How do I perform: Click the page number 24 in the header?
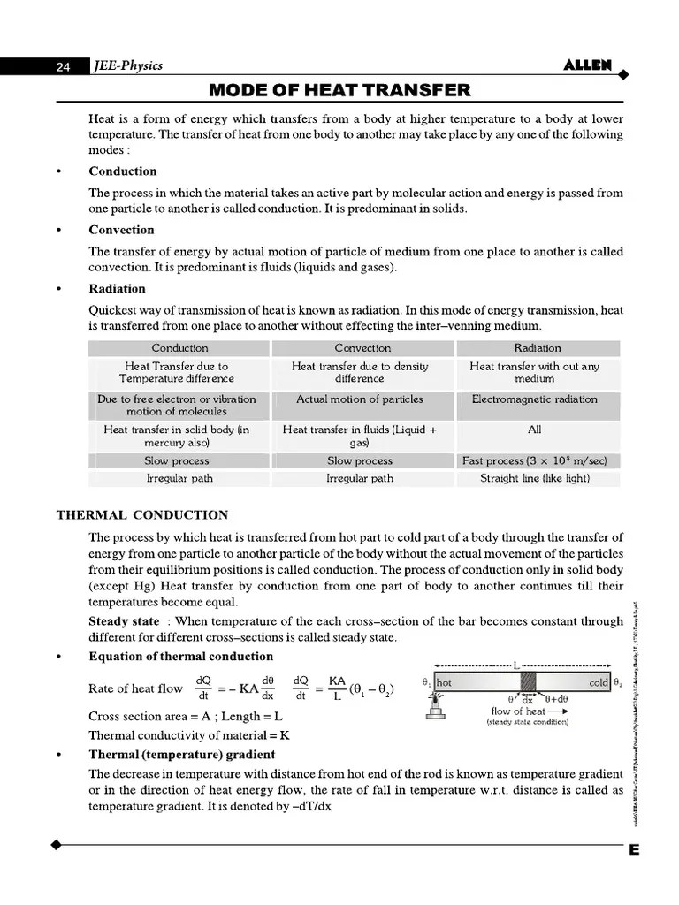[x=63, y=67]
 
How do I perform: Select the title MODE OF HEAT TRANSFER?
[x=339, y=91]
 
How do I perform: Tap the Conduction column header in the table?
[x=179, y=348]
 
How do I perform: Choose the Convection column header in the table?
[x=362, y=348]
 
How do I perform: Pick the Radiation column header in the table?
[x=538, y=348]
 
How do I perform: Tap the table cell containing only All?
[x=534, y=430]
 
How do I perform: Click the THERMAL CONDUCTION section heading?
[x=142, y=515]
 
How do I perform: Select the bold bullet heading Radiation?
[x=117, y=288]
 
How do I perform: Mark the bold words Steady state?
[x=124, y=621]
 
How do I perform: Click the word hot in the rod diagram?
[x=444, y=682]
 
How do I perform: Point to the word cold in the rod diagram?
[x=599, y=682]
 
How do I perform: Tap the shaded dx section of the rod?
[x=530, y=682]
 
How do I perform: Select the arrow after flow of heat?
[x=558, y=711]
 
